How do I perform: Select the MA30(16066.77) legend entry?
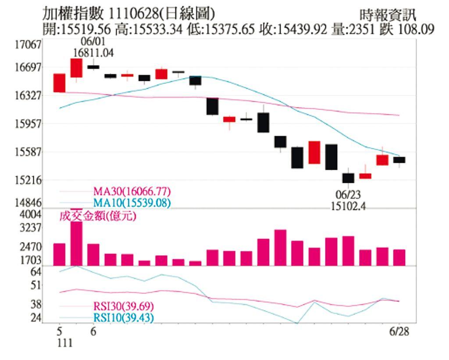tap(132, 192)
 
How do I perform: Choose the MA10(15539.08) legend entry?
tap(132, 203)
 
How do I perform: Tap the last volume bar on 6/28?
tap(399, 257)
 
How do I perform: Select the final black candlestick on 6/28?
tap(399, 160)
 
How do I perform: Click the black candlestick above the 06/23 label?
tap(348, 178)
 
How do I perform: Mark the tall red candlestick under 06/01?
tap(76, 68)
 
